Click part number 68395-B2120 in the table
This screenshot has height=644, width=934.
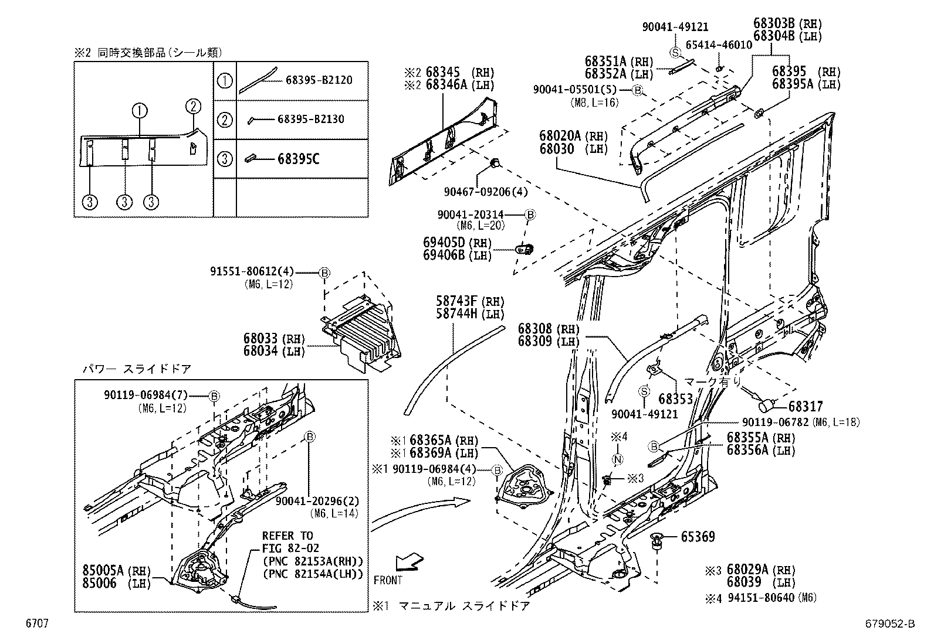(319, 80)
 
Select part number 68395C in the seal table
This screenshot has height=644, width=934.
(296, 159)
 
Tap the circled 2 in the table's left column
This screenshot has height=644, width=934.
(224, 120)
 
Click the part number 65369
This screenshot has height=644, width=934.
(698, 537)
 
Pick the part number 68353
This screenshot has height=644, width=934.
(675, 400)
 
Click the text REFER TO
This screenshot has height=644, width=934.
(287, 536)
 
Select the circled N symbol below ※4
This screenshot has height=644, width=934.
(618, 459)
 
